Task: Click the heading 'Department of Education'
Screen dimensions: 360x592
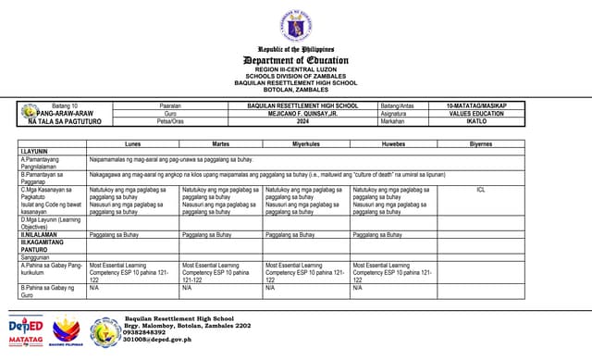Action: point(296,59)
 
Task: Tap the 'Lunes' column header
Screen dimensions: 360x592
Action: point(133,144)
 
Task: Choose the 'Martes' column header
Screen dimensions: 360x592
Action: point(221,144)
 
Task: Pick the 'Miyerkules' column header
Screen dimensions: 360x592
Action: point(306,144)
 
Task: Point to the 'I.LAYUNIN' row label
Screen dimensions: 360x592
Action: point(34,152)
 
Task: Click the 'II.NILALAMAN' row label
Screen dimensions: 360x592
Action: point(40,235)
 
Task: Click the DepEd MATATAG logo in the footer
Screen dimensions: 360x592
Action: point(26,331)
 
